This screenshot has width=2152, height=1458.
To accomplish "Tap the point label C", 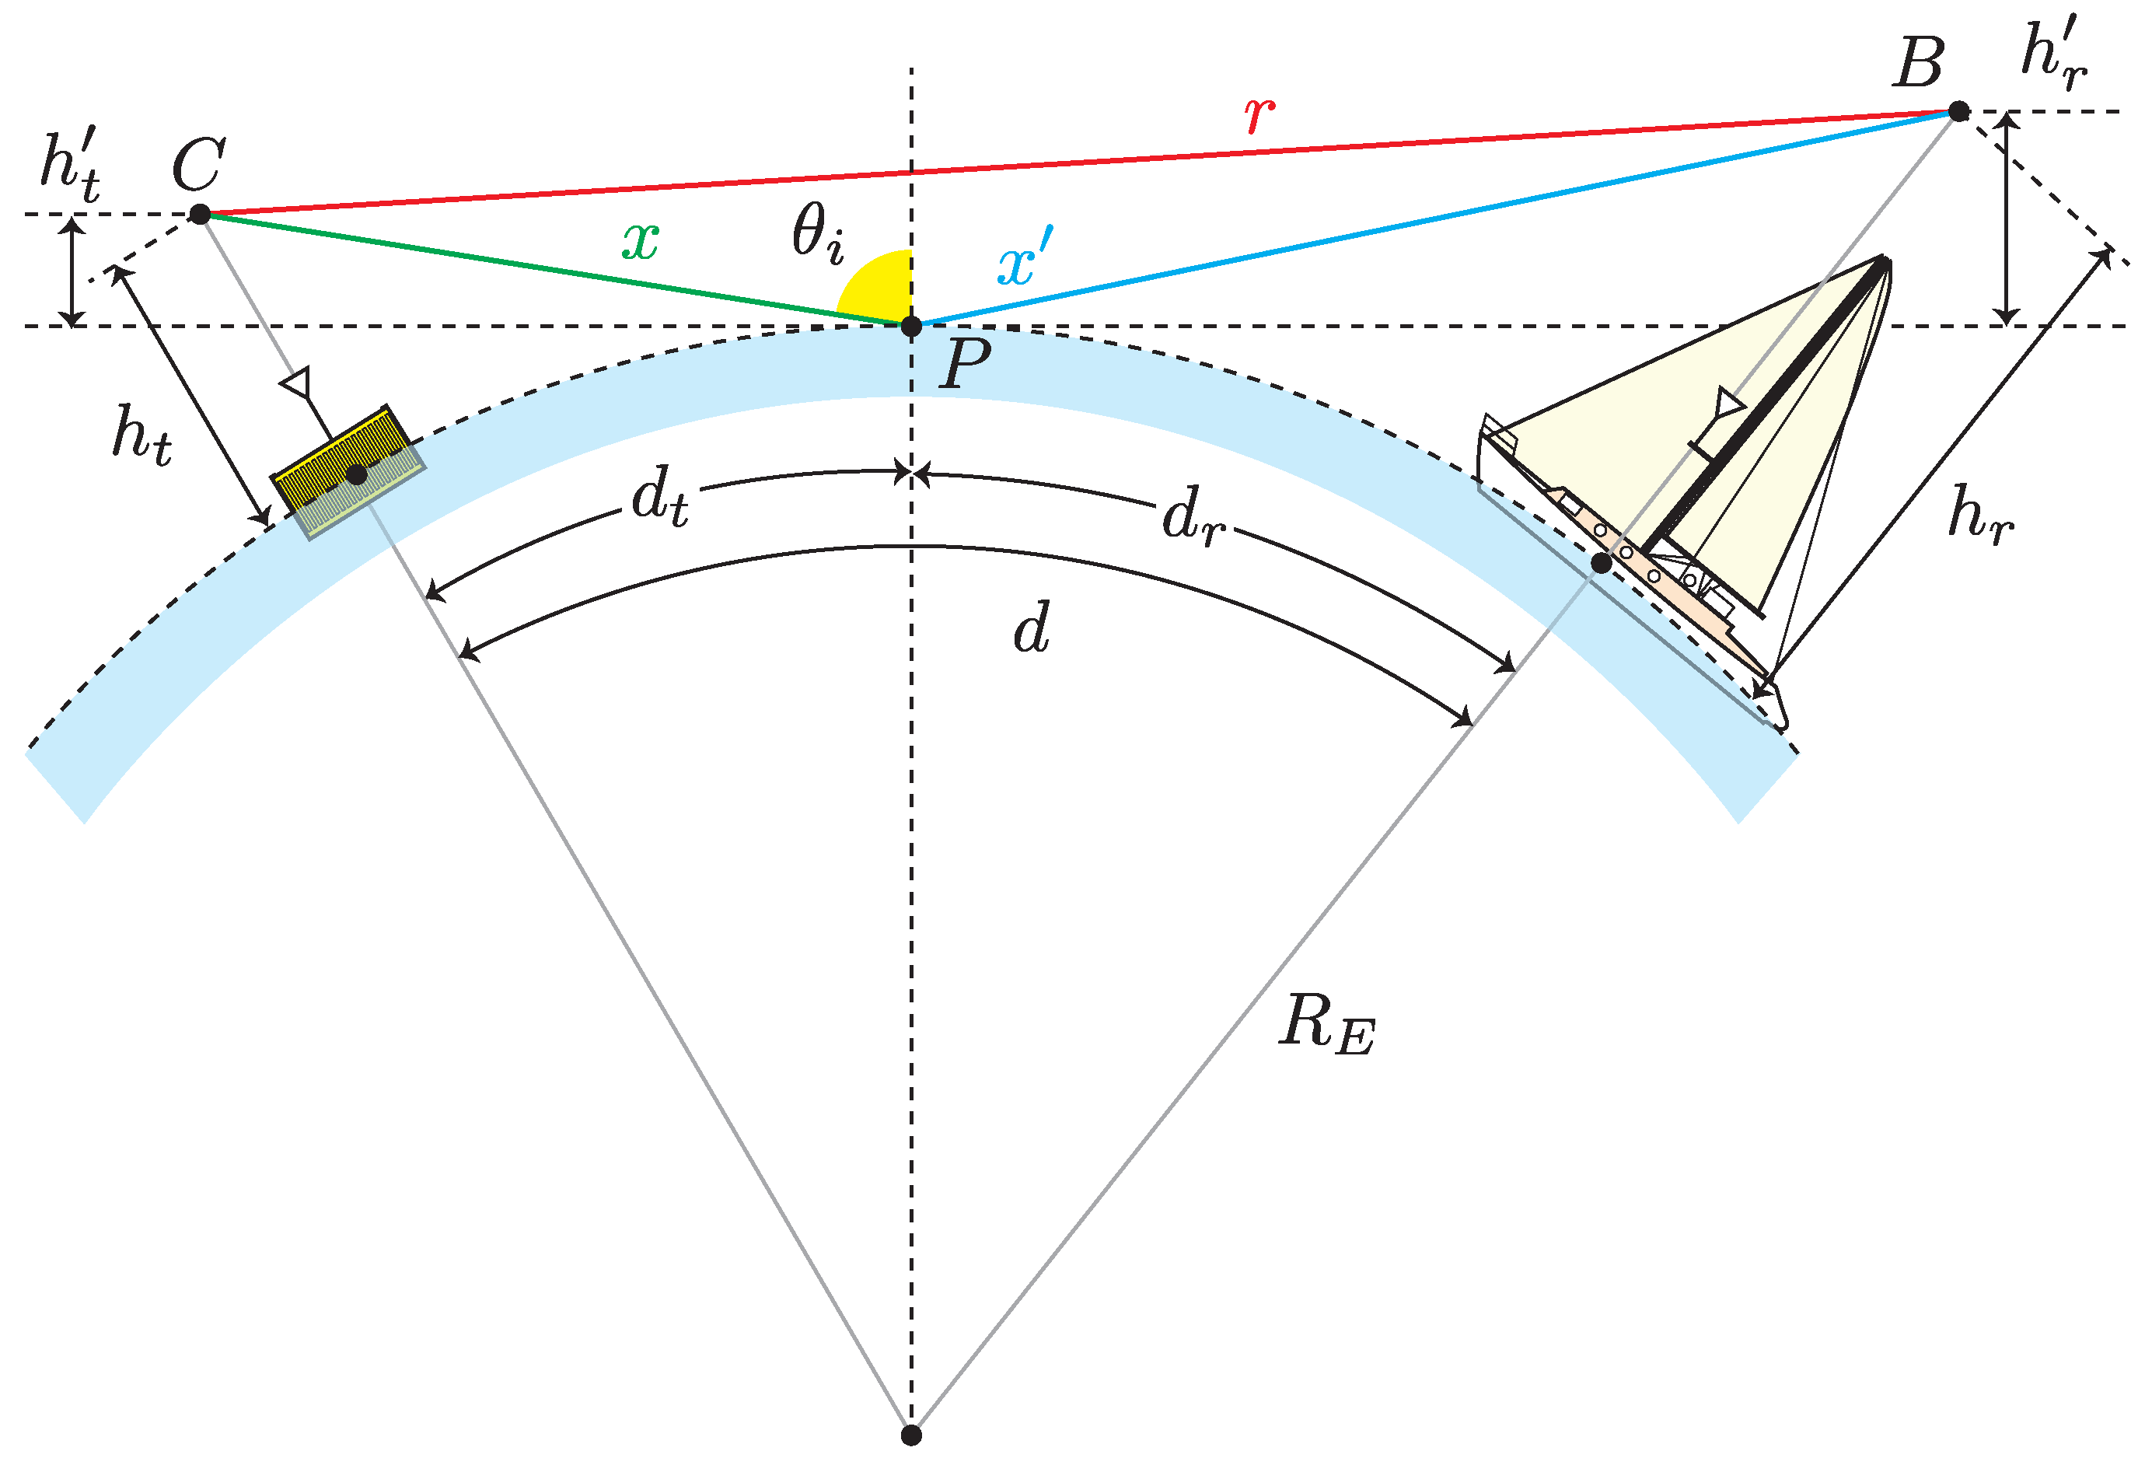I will [x=198, y=166].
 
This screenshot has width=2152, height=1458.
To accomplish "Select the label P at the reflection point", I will [x=966, y=363].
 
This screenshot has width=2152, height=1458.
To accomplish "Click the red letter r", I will [x=1259, y=115].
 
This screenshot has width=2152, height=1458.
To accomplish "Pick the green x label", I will [x=640, y=242].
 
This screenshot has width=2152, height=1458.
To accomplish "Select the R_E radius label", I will [x=1327, y=1026].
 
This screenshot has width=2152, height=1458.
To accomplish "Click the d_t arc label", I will [x=659, y=498].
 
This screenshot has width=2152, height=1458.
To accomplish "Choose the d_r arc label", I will [x=1193, y=516].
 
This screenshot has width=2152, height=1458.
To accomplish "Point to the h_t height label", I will [x=141, y=435].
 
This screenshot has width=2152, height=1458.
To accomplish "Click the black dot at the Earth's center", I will [x=911, y=1435].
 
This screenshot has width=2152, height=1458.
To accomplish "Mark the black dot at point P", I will [x=911, y=326].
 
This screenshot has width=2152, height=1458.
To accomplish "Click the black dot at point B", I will [x=1958, y=112].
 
